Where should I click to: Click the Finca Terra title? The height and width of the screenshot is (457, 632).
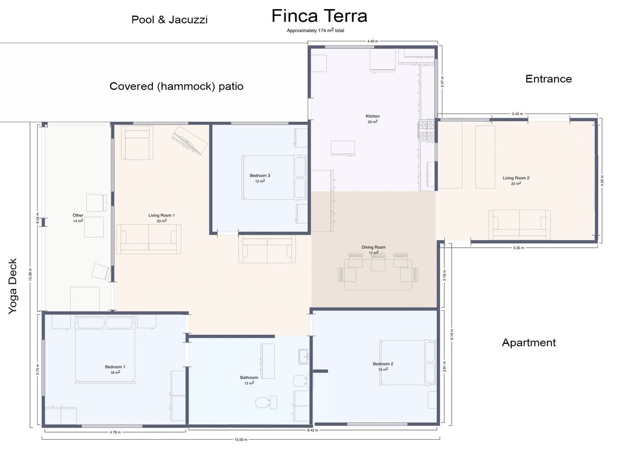pyautogui.click(x=319, y=16)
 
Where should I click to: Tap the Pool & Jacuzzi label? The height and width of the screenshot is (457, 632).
pyautogui.click(x=170, y=19)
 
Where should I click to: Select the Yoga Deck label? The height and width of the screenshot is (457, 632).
pyautogui.click(x=13, y=286)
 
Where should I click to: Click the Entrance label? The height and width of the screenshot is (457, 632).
pyautogui.click(x=548, y=78)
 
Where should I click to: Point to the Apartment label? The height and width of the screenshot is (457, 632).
pyautogui.click(x=529, y=342)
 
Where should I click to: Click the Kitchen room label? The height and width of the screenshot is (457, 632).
pyautogui.click(x=373, y=116)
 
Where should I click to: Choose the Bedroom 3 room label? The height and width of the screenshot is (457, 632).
pyautogui.click(x=260, y=175)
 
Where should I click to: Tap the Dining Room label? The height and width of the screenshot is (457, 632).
pyautogui.click(x=374, y=247)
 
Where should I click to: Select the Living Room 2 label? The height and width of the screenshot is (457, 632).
pyautogui.click(x=516, y=178)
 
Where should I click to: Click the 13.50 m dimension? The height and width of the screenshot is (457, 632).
pyautogui.click(x=241, y=440)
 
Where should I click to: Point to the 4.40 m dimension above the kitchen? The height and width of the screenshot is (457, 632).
pyautogui.click(x=373, y=41)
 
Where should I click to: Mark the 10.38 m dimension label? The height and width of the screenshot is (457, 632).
pyautogui.click(x=30, y=275)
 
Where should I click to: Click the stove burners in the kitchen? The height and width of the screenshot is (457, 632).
pyautogui.click(x=426, y=131)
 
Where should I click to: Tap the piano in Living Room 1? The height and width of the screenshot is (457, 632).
pyautogui.click(x=189, y=140)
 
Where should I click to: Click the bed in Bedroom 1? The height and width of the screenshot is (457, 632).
pyautogui.click(x=106, y=350)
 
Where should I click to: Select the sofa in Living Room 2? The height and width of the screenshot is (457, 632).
pyautogui.click(x=519, y=225)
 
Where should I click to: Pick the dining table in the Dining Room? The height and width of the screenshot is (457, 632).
pyautogui.click(x=378, y=275)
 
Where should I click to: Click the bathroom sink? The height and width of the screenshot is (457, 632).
pyautogui.click(x=304, y=356)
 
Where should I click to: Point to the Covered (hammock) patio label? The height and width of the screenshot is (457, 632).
pyautogui.click(x=176, y=86)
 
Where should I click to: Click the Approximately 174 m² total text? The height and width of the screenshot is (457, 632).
pyautogui.click(x=315, y=30)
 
